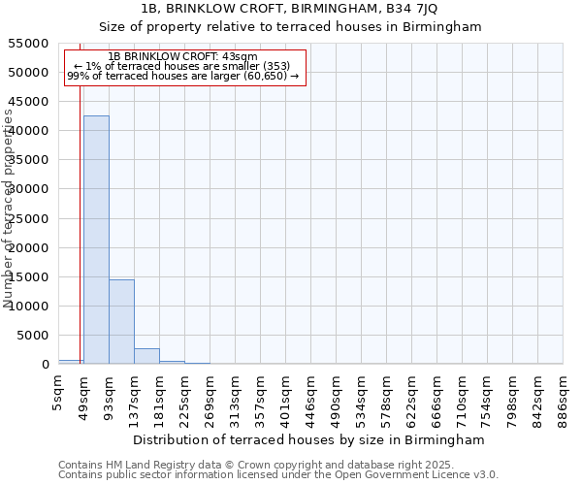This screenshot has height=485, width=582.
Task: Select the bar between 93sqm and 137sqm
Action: point(121,321)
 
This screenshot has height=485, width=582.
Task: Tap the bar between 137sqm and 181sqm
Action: point(146,356)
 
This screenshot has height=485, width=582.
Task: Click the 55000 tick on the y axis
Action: point(29,44)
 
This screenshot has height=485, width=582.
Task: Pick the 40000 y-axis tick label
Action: point(29,131)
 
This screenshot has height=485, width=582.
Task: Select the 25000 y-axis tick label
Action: point(29,218)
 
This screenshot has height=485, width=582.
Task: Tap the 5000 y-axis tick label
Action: point(33,336)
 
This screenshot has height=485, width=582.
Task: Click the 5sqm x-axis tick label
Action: point(59,390)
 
